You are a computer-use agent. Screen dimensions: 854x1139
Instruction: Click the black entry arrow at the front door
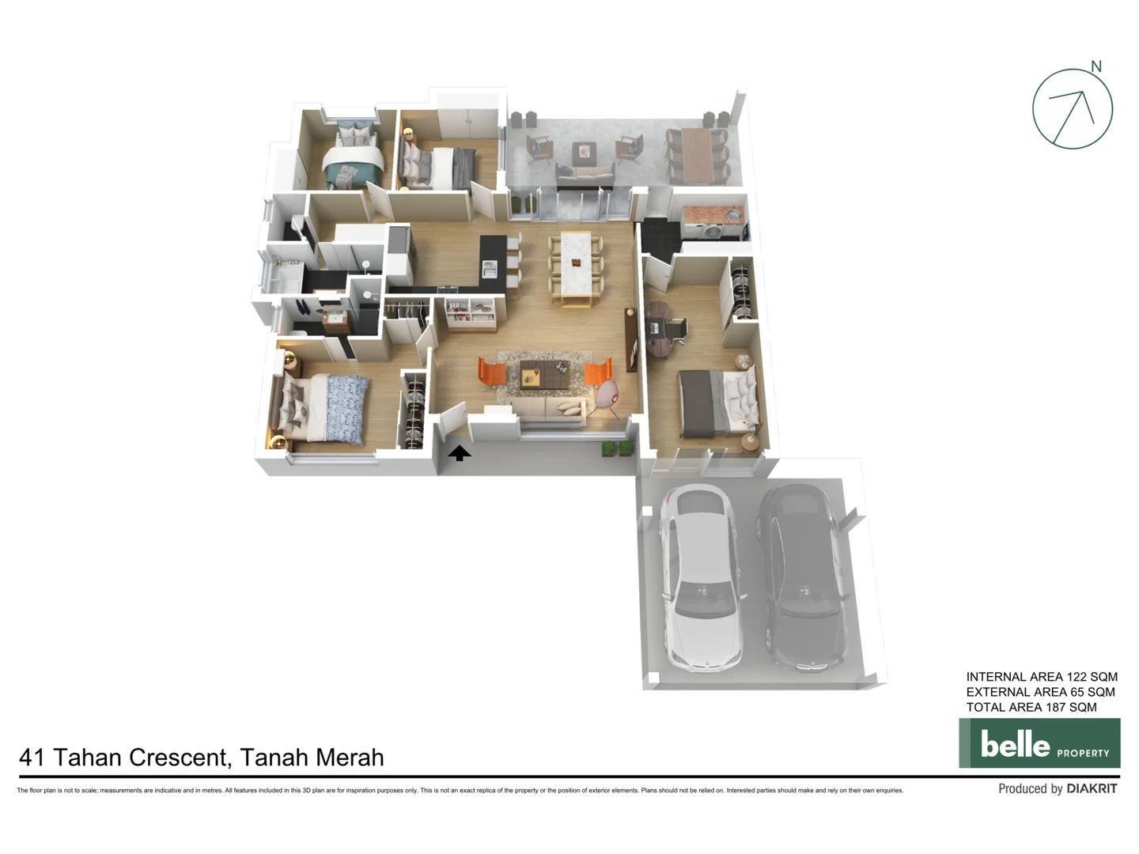click(459, 453)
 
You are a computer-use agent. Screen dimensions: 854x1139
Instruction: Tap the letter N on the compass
click(1096, 66)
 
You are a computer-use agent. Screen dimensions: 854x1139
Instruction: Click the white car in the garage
click(702, 577)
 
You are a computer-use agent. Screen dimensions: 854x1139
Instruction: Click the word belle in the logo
click(1015, 744)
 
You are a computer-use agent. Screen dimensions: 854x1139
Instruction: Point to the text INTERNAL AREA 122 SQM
click(1042, 677)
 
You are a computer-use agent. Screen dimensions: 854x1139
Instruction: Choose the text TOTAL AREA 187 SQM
click(1031, 707)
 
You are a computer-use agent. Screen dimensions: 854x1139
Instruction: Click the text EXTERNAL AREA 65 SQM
click(1040, 692)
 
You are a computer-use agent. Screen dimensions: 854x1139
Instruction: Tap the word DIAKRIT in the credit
click(1092, 788)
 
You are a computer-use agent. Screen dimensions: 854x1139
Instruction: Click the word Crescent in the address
click(180, 758)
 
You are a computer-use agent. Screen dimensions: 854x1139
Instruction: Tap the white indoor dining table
click(576, 264)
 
